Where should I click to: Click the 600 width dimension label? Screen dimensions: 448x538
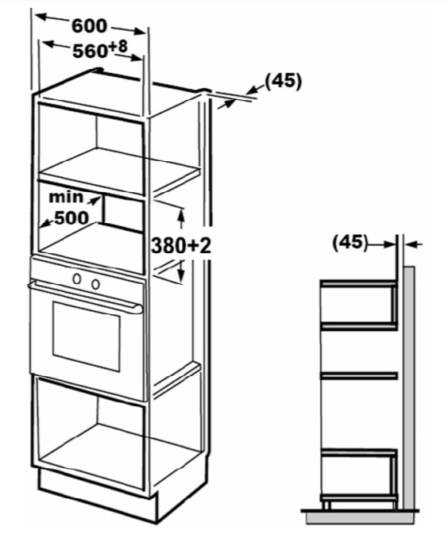click(x=89, y=26)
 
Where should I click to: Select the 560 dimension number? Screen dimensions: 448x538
click(x=91, y=52)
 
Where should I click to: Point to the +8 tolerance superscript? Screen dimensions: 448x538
click(x=118, y=47)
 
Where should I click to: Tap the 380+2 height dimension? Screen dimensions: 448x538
click(x=181, y=246)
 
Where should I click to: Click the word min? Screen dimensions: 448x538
click(x=66, y=197)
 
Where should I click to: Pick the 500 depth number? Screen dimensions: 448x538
click(x=71, y=217)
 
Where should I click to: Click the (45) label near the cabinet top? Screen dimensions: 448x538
click(x=283, y=81)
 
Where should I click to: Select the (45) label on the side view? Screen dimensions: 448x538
click(x=350, y=242)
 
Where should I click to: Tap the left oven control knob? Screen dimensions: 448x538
click(x=77, y=279)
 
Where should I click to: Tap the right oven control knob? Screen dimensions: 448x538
click(x=95, y=284)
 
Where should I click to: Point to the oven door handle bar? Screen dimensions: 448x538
click(x=85, y=296)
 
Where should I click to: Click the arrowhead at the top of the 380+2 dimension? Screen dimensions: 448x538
click(x=182, y=214)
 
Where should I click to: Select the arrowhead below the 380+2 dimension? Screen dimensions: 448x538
click(x=182, y=275)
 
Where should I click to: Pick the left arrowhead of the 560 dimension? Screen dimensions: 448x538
click(x=48, y=44)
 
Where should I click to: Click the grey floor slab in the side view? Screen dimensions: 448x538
click(x=361, y=517)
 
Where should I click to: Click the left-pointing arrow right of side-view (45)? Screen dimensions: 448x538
click(x=413, y=244)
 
